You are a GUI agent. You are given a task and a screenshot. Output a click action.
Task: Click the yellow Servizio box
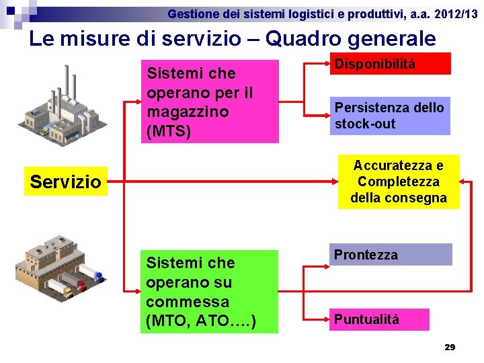tap(66, 182)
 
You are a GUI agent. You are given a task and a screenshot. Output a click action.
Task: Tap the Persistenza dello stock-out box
tap(390, 116)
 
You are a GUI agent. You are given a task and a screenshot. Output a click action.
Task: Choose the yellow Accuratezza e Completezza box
tap(399, 182)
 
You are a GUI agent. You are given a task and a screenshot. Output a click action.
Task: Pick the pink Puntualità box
tap(380, 319)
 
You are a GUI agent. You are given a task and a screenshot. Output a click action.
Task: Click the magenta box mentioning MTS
tap(211, 102)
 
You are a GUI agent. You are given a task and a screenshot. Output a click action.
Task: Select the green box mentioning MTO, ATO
tap(211, 292)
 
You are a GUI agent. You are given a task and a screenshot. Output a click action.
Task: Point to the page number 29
tap(450, 347)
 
